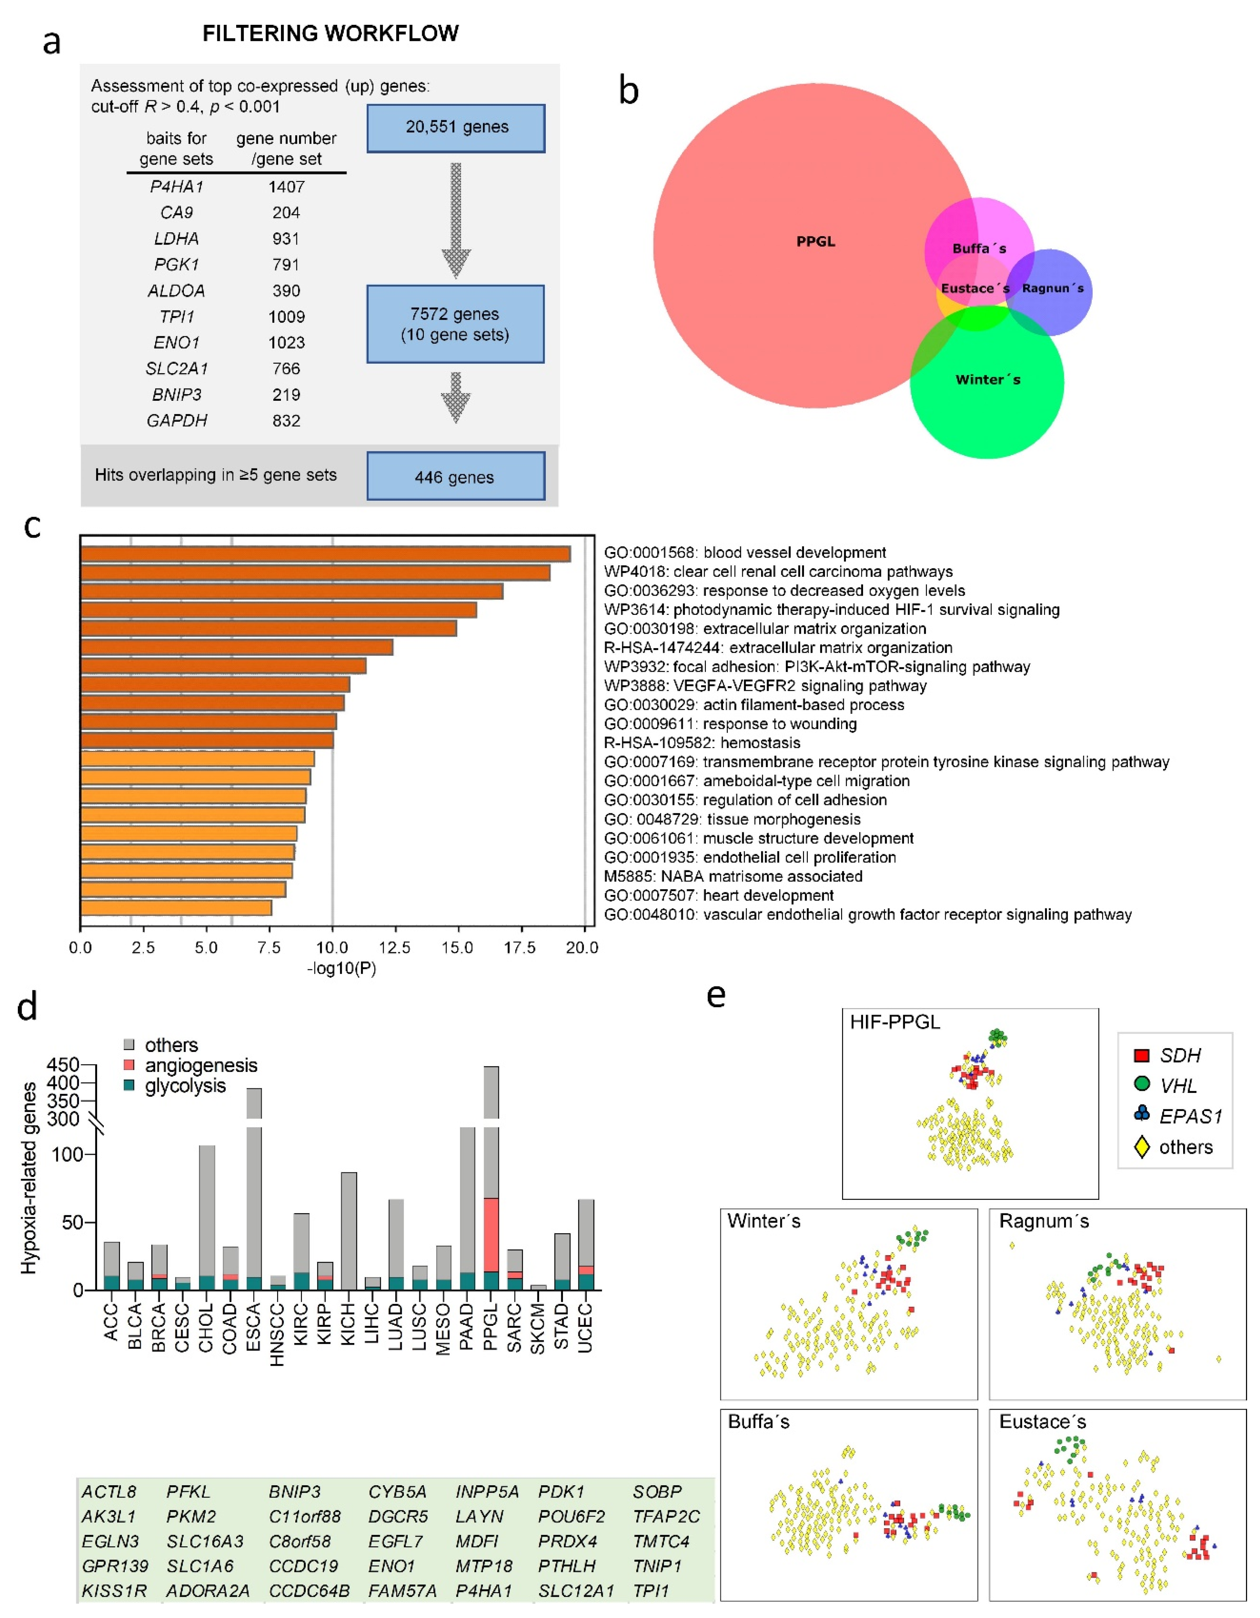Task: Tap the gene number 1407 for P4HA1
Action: click(286, 187)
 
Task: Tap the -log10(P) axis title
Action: click(341, 968)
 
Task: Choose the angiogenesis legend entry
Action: click(200, 1065)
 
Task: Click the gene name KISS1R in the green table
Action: click(114, 1591)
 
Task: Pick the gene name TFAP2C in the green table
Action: click(666, 1517)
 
